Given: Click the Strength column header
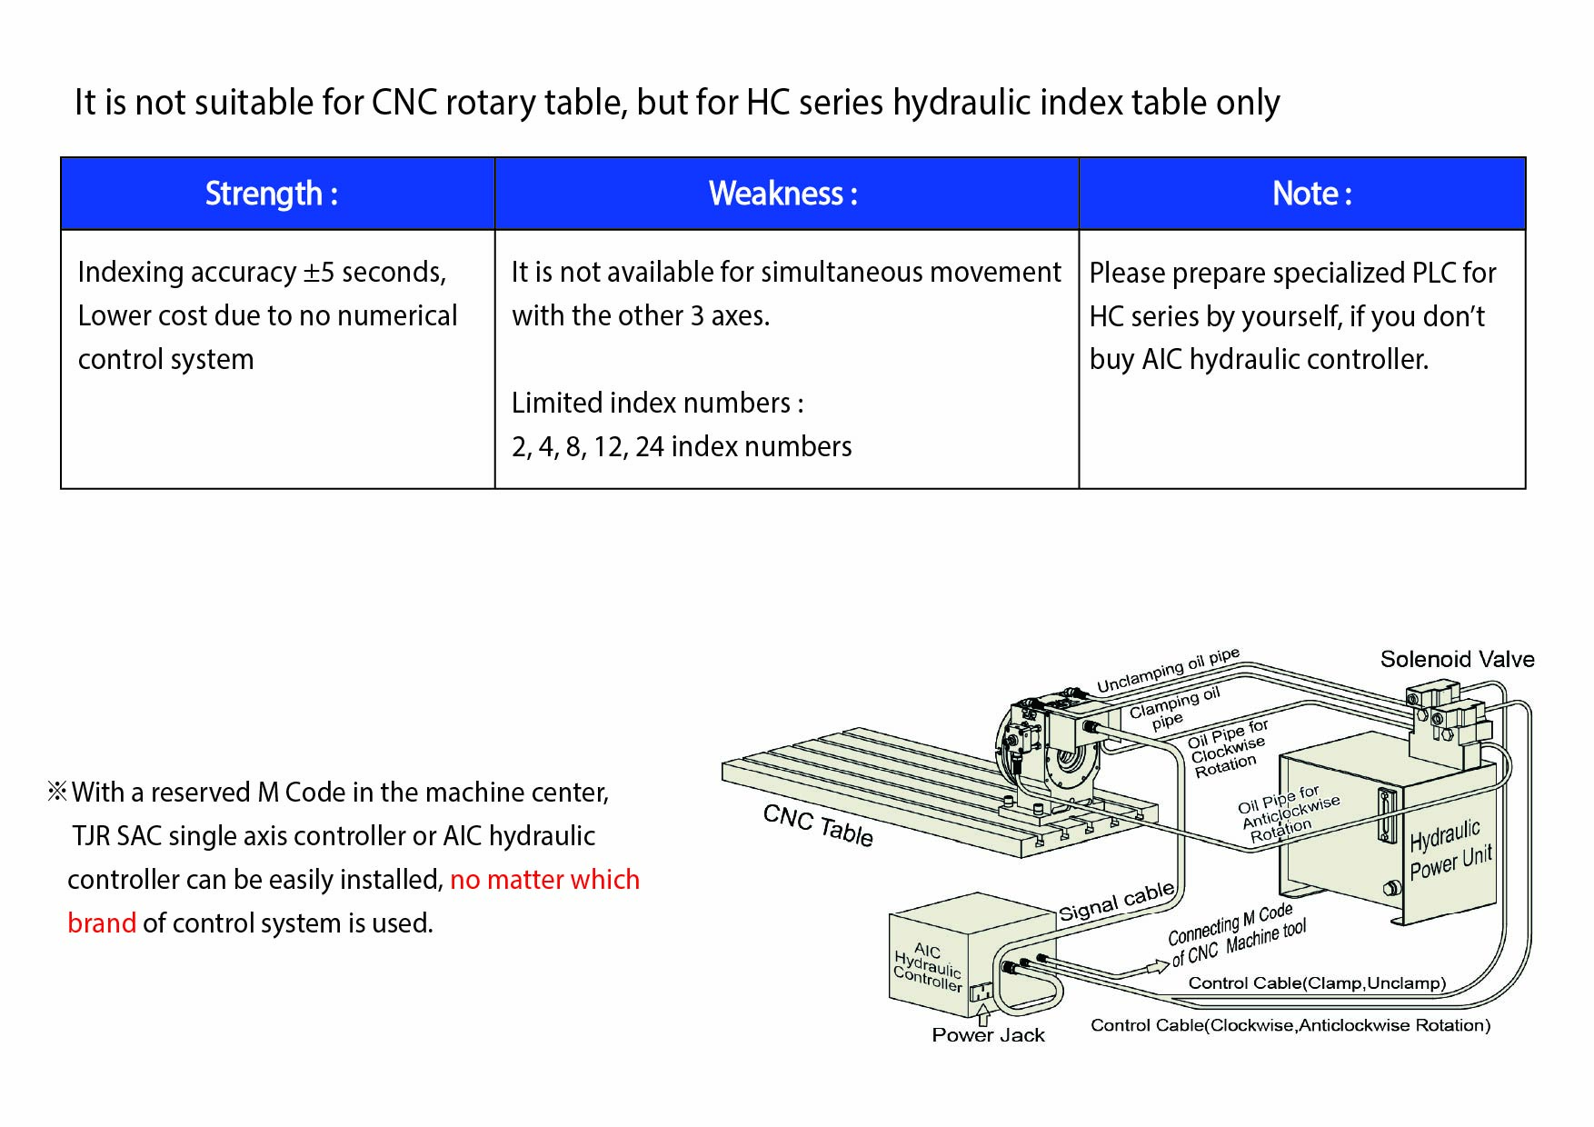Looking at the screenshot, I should tap(271, 194).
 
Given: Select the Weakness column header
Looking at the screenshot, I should tap(783, 194).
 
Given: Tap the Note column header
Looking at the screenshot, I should tap(1311, 194).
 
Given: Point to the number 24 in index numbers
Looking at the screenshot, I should tap(649, 447).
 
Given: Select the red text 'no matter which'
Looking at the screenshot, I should tap(544, 880).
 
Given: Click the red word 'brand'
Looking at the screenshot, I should tap(101, 923).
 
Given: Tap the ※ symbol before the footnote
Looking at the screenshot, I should tap(57, 792).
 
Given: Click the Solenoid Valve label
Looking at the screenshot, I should tap(1456, 659).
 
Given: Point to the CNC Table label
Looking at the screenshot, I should tap(817, 825).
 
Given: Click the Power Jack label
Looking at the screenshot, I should tap(988, 1035).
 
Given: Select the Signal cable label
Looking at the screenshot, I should tap(1116, 902).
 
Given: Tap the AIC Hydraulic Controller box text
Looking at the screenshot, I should tap(927, 967).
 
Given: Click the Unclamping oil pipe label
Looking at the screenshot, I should tap(1167, 671).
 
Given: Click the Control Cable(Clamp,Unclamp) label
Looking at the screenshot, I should tap(1316, 983).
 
